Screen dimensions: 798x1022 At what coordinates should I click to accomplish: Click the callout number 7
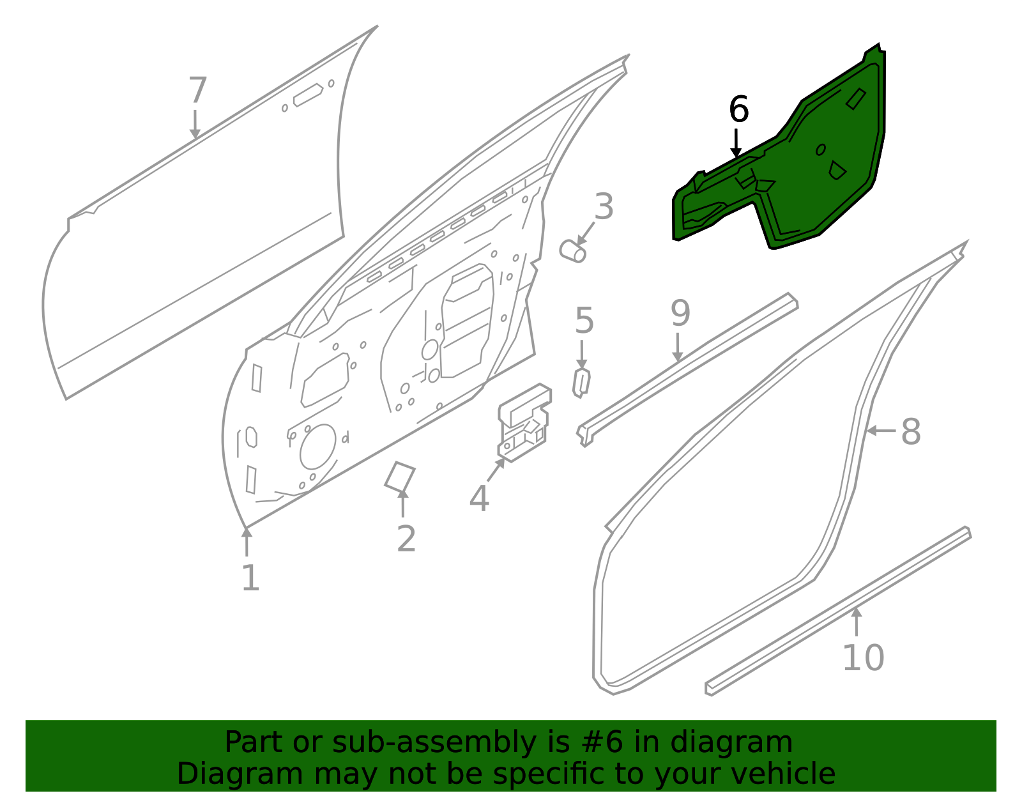(198, 91)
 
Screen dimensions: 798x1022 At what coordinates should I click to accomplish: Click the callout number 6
(738, 110)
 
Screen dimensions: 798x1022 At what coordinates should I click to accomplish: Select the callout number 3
(604, 207)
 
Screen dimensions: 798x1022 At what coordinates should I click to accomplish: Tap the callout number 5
(584, 321)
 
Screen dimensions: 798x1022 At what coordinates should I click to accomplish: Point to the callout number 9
(680, 314)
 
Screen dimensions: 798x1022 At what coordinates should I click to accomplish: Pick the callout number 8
(911, 432)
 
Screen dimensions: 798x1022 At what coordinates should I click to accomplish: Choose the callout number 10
(863, 658)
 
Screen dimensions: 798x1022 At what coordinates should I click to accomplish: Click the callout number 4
(479, 498)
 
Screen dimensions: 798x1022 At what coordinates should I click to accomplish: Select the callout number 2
(406, 539)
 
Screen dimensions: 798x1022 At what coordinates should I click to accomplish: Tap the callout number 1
(250, 579)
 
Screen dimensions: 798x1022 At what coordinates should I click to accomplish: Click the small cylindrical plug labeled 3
(572, 250)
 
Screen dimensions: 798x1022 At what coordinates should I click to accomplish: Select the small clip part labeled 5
(581, 383)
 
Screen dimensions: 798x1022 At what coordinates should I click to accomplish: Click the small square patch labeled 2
(400, 477)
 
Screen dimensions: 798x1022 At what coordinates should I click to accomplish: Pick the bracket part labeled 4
(524, 422)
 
